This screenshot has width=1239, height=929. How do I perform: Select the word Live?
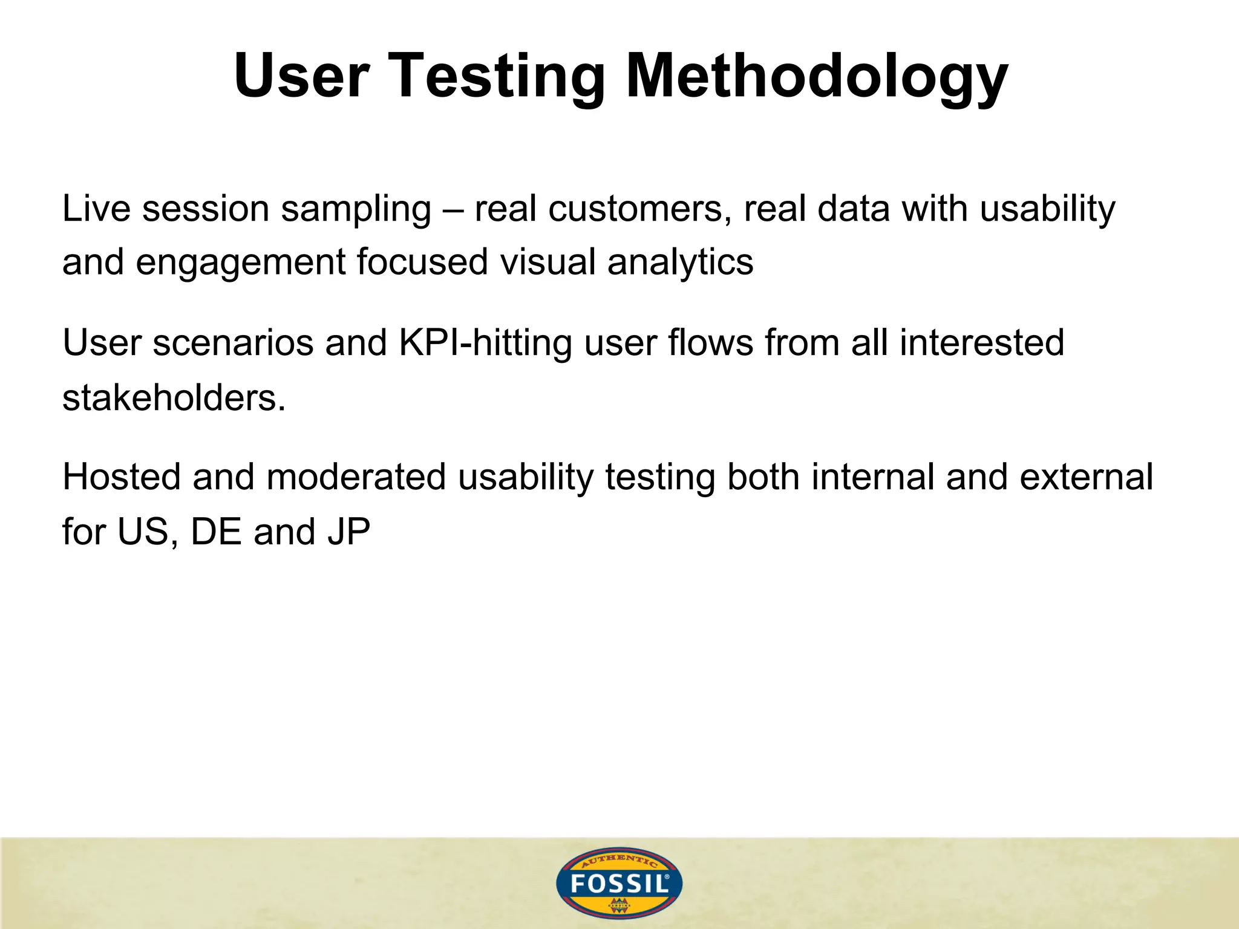pyautogui.click(x=96, y=209)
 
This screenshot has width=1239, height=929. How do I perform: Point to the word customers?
pyautogui.click(x=635, y=209)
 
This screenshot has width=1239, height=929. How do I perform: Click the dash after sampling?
pyautogui.click(x=453, y=210)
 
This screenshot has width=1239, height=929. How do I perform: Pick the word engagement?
pyautogui.click(x=240, y=263)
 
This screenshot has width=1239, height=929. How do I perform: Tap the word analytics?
pyautogui.click(x=680, y=263)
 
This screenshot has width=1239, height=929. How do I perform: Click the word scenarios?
pyautogui.click(x=233, y=343)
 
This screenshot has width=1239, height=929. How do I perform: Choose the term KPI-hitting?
pyautogui.click(x=485, y=343)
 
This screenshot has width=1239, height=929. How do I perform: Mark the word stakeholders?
pyautogui.click(x=174, y=398)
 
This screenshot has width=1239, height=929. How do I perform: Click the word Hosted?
pyautogui.click(x=122, y=477)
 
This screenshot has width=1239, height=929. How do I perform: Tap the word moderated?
pyautogui.click(x=356, y=477)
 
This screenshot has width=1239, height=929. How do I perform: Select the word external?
pyautogui.click(x=1086, y=477)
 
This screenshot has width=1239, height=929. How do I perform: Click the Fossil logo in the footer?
pyautogui.click(x=619, y=884)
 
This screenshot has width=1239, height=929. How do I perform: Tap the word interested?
pyautogui.click(x=981, y=343)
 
